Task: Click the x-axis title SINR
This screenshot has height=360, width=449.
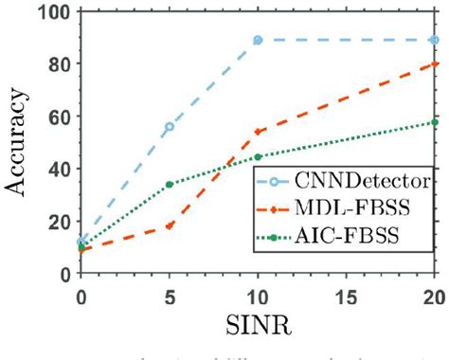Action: (x=258, y=323)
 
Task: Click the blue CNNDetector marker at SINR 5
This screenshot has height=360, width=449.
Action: (x=169, y=127)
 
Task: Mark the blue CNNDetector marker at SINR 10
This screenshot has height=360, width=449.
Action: (x=258, y=41)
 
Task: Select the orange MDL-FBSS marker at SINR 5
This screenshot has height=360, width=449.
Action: (x=169, y=226)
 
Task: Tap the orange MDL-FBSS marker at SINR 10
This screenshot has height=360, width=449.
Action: (x=258, y=132)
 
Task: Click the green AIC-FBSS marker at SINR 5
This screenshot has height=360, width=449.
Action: (x=169, y=185)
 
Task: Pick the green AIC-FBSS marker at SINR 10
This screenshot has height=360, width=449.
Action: (x=258, y=156)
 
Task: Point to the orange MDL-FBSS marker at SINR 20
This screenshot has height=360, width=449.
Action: (x=435, y=64)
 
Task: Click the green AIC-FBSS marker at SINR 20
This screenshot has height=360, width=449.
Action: (x=435, y=122)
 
